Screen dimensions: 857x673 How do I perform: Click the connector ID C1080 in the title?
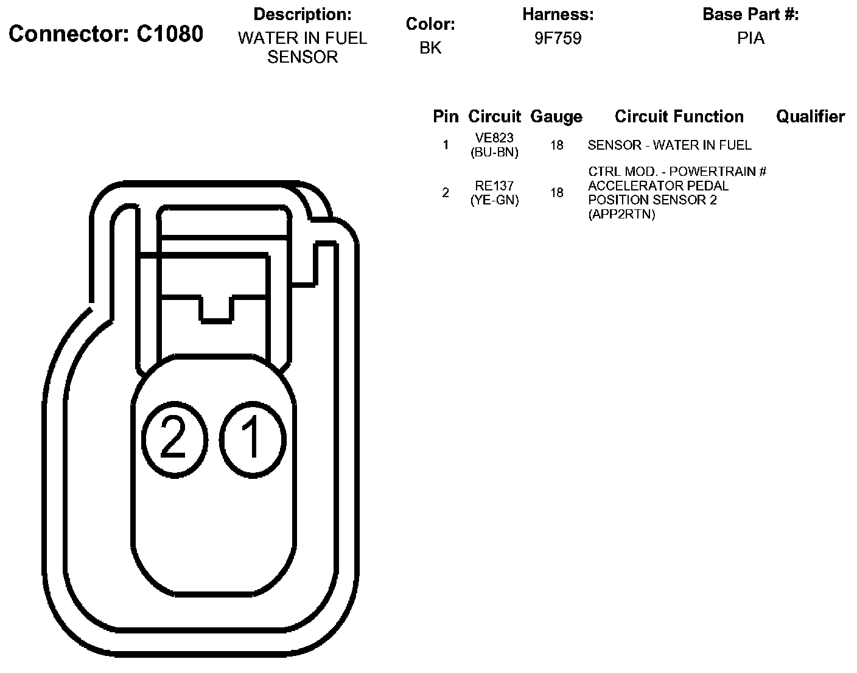(x=170, y=34)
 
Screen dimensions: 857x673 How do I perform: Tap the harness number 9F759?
(x=558, y=38)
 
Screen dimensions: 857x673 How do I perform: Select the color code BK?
(x=430, y=47)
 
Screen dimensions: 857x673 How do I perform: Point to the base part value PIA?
(x=750, y=38)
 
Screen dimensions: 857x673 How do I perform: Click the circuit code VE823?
(x=494, y=138)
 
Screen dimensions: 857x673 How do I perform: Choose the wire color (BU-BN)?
(x=494, y=152)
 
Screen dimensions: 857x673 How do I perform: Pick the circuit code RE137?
(x=494, y=186)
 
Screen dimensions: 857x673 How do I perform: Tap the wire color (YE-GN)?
(x=494, y=200)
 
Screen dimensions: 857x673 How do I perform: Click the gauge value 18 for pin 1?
(x=556, y=145)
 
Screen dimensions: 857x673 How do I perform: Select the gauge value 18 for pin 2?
(x=556, y=192)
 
